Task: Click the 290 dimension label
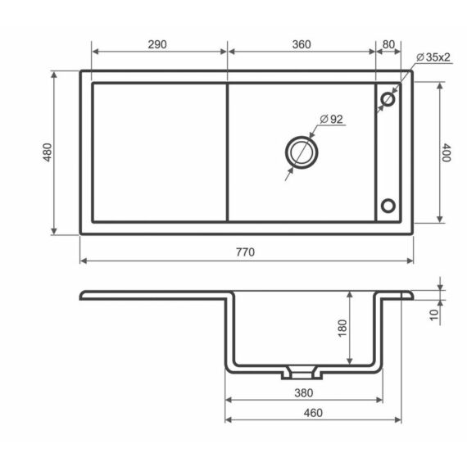pyautogui.click(x=157, y=45)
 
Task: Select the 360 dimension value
pyautogui.click(x=302, y=45)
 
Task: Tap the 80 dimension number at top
pyautogui.click(x=388, y=45)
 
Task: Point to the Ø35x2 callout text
pyautogui.click(x=433, y=57)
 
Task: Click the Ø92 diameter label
pyautogui.click(x=331, y=119)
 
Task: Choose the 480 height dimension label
pyautogui.click(x=48, y=152)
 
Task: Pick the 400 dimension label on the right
pyautogui.click(x=447, y=152)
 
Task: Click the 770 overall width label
pyautogui.click(x=246, y=252)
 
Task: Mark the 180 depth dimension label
pyautogui.click(x=342, y=328)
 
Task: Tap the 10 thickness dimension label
pyautogui.click(x=434, y=315)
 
